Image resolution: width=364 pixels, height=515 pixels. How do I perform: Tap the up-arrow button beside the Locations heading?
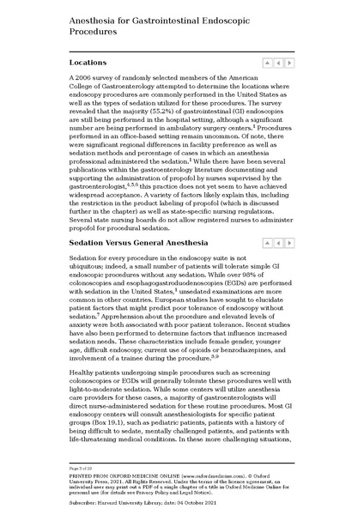click(267, 63)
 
